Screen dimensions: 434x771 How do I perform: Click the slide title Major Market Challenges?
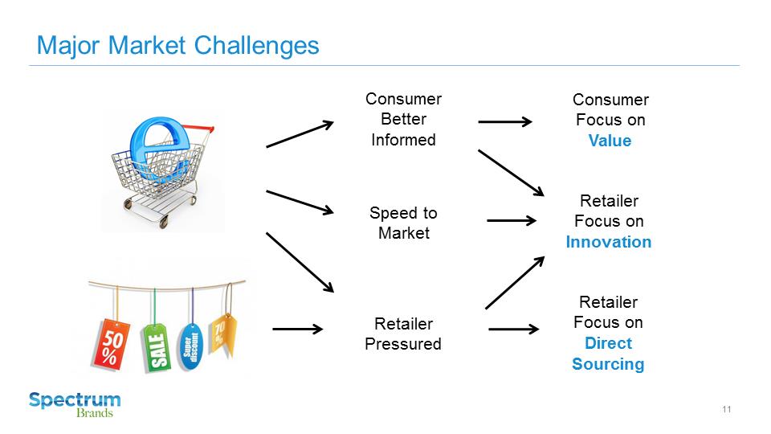pos(177,45)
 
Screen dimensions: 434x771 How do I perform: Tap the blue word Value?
pos(610,141)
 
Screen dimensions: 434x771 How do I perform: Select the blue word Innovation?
pos(608,242)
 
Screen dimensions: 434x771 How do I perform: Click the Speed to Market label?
pos(403,223)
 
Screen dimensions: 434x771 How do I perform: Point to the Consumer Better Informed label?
pos(403,119)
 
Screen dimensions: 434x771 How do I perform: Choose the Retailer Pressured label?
pos(403,334)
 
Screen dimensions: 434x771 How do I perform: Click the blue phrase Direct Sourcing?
pos(608,354)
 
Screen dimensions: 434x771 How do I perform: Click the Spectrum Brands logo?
pos(75,403)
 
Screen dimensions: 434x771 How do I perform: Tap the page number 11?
pos(726,410)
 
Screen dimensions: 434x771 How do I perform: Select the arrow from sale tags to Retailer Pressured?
pos(297,329)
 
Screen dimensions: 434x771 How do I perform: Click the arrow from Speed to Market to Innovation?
pos(511,220)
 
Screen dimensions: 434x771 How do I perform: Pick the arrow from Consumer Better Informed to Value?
pos(504,122)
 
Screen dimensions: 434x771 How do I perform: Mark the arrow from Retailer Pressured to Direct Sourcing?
pos(512,329)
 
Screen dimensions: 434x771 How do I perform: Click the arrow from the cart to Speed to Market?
pos(299,202)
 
